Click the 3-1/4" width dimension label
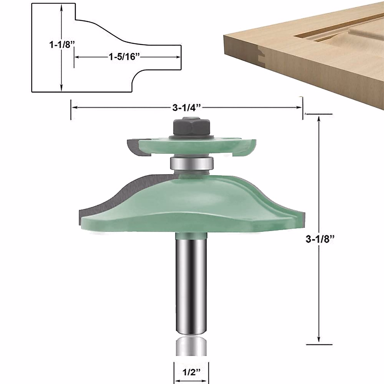point(187,108)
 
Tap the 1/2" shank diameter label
point(191,372)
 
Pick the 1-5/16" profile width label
point(125,57)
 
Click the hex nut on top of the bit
point(191,127)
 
